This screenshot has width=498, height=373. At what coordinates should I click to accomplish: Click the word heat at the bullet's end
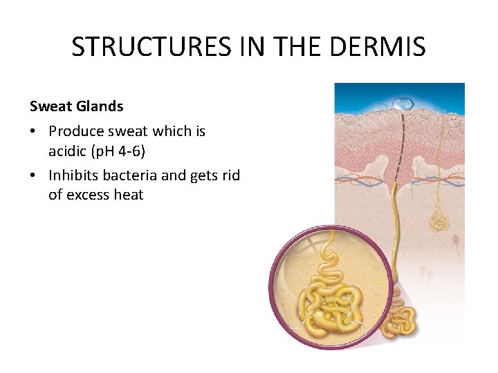coord(129,195)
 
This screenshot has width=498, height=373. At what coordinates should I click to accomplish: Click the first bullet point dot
coord(34,131)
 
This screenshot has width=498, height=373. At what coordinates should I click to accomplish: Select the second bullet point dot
coord(34,176)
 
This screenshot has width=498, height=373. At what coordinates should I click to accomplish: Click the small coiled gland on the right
coord(439,221)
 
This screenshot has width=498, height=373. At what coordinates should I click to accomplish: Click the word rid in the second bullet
coord(231,175)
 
